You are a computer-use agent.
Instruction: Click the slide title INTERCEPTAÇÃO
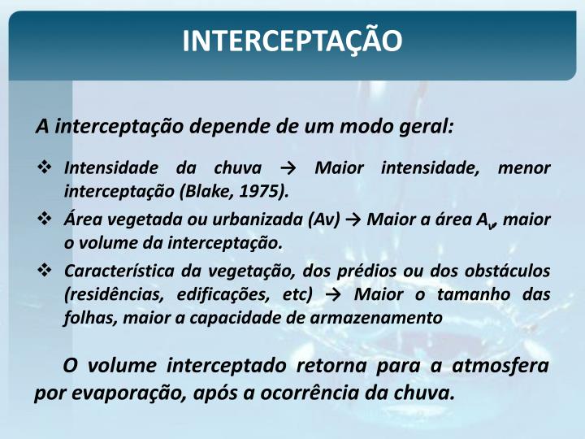[x=292, y=41]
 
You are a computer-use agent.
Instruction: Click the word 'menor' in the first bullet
[x=524, y=169]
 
